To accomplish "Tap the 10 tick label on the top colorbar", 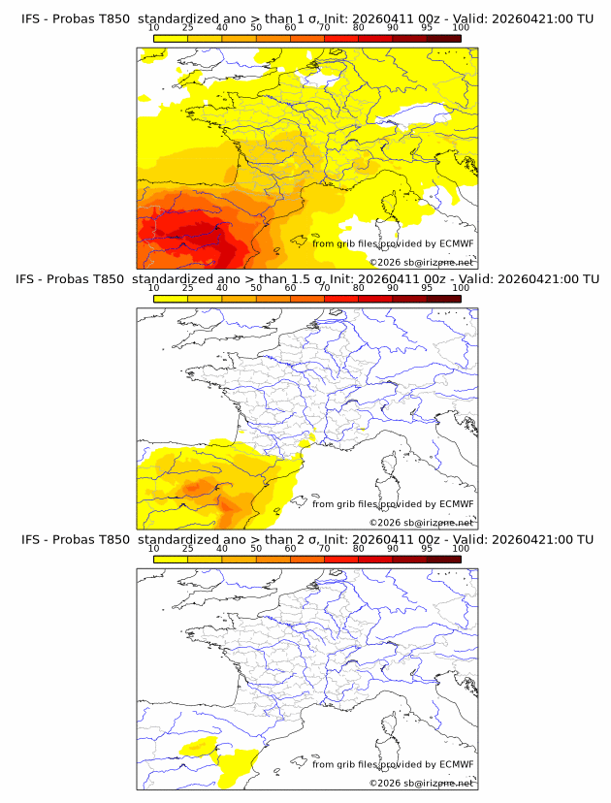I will point(153,28).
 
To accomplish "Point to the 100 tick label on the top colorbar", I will point(461,28).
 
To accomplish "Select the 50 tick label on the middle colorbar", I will point(256,289).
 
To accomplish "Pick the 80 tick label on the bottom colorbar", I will point(359,549).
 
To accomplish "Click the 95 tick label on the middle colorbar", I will point(427,289).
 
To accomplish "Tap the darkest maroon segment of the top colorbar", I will point(443,38).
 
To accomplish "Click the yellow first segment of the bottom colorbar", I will point(170,559).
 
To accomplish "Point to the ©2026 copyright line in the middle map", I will point(421,523).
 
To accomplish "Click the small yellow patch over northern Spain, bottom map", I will point(199,746).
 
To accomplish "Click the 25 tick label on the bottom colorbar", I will point(187,549).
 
